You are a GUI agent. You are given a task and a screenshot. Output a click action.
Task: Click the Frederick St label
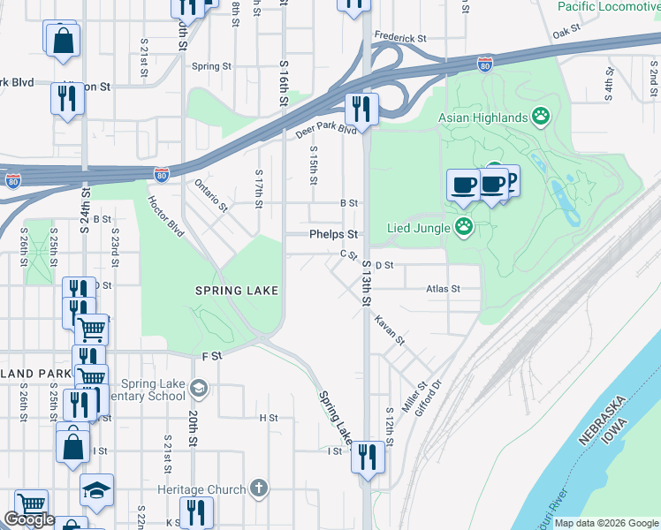pyautogui.click(x=399, y=39)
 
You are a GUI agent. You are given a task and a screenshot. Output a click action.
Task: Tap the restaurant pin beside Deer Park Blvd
pyautogui.click(x=361, y=109)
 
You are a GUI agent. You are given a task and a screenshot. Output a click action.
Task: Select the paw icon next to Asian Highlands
pyautogui.click(x=541, y=116)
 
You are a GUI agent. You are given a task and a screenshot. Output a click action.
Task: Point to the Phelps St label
pyautogui.click(x=333, y=235)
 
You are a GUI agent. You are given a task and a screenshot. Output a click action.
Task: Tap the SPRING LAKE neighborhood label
pyautogui.click(x=237, y=291)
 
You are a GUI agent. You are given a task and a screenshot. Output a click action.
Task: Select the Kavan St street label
pyautogui.click(x=389, y=329)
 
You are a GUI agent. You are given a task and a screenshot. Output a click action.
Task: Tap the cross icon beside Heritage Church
pyautogui.click(x=258, y=488)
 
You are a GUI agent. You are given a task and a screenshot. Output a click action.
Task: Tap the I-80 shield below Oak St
pyautogui.click(x=484, y=64)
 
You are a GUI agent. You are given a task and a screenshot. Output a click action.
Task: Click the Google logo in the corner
pyautogui.click(x=29, y=519)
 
